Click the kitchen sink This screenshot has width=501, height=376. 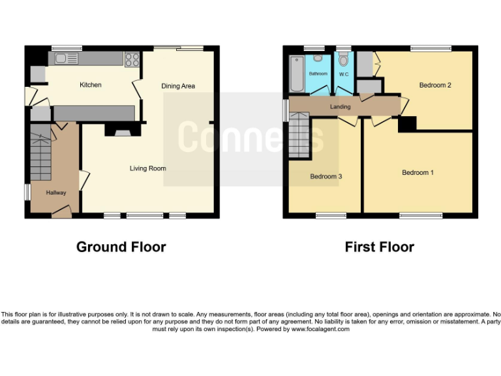[67, 59]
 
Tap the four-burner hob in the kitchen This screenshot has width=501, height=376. [132, 59]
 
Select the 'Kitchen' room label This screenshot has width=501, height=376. [91, 85]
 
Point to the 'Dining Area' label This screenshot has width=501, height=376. [178, 86]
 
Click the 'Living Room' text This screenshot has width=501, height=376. [147, 168]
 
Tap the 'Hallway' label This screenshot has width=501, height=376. [57, 193]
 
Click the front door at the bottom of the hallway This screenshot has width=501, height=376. [61, 210]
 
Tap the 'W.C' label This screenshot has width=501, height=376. [344, 74]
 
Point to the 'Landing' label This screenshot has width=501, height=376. [341, 107]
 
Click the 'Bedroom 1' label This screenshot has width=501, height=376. [417, 172]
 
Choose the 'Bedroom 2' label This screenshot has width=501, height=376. [435, 86]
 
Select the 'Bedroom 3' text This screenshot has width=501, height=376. [326, 177]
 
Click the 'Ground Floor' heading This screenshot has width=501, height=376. [121, 247]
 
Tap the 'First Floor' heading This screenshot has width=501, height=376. [379, 247]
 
